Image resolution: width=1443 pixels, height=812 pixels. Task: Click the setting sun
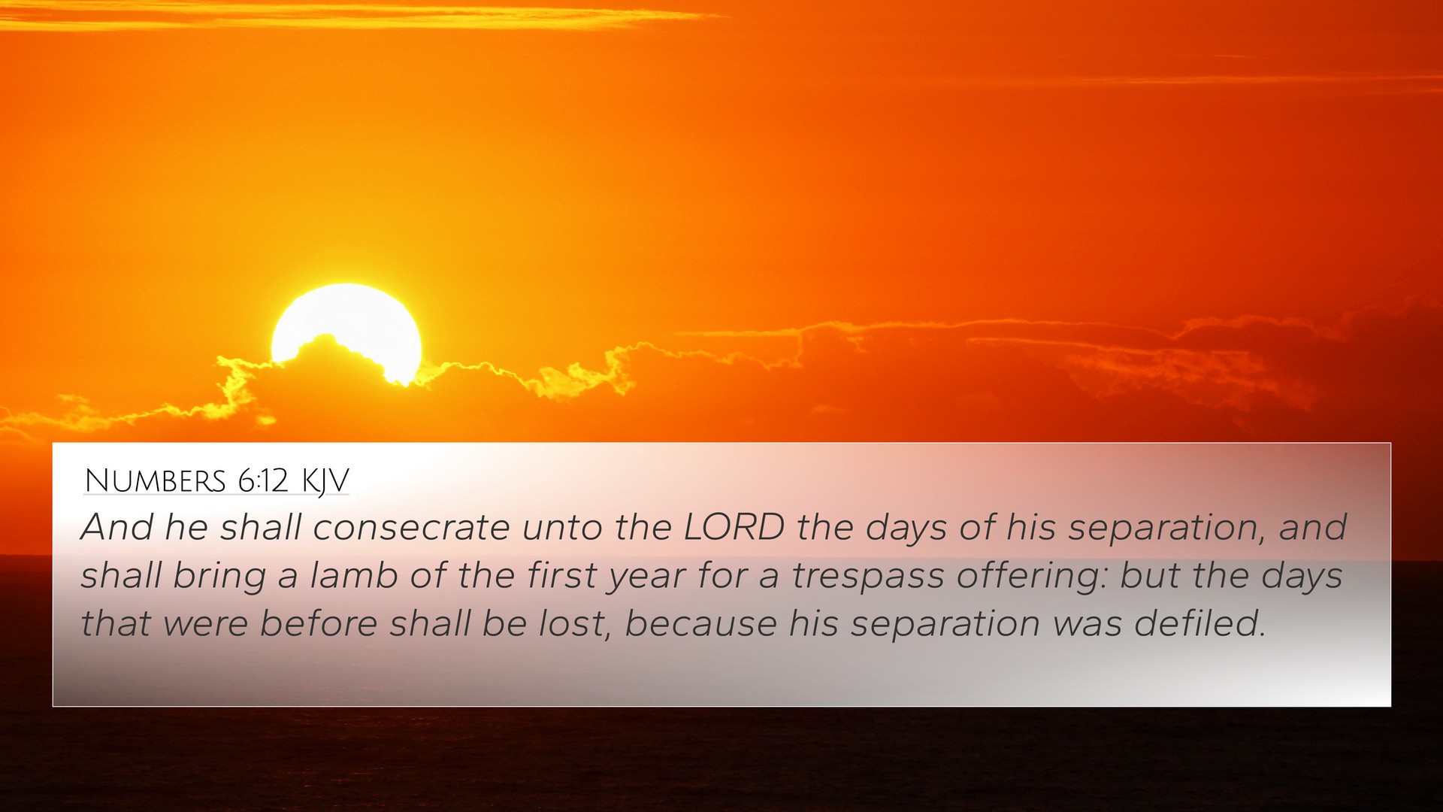pos(346,331)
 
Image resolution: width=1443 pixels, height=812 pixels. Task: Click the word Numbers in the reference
pos(155,481)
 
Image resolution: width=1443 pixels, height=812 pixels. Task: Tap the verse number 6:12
pos(263,481)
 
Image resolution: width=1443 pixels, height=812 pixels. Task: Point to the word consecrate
pos(412,527)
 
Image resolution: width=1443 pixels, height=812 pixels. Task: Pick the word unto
pos(562,528)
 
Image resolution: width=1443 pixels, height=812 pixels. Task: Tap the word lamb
pos(353,575)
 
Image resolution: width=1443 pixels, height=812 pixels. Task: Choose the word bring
pos(219,577)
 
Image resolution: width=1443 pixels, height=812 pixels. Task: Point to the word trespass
pos(867,577)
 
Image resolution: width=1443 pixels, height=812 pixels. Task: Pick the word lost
pos(574,624)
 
